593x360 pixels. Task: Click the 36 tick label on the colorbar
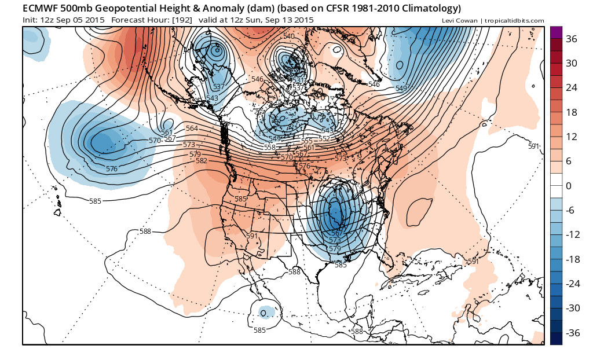pos(572,39)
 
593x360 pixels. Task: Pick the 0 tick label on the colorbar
pos(569,186)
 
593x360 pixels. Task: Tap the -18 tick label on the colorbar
pos(572,259)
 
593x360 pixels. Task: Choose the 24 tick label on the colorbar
pos(572,88)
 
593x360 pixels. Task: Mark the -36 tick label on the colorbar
pos(572,333)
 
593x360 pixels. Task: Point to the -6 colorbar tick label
pos(570,211)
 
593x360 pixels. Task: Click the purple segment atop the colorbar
pos(556,32)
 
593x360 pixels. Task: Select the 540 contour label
pos(289,36)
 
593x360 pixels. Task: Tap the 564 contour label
pos(192,128)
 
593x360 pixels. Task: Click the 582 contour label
pos(202,160)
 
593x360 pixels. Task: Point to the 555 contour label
pos(306,141)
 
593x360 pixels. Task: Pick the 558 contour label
pos(270,148)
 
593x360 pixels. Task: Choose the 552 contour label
pos(324,138)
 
